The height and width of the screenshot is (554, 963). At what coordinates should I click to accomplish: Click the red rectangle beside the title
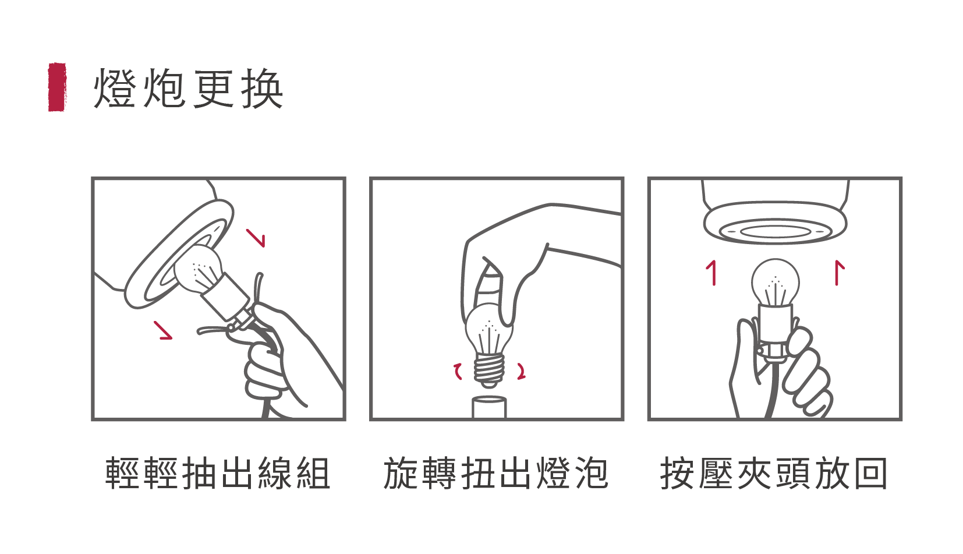pos(57,87)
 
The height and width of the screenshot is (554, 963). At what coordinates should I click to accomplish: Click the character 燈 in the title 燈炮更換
pos(115,88)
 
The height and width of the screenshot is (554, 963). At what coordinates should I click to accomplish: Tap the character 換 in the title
pos(262,88)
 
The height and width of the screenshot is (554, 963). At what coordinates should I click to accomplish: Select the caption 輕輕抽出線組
pos(218,473)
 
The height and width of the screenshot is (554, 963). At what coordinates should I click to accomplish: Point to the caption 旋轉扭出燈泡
pos(495,473)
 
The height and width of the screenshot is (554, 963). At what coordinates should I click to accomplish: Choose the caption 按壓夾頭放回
pos(774,473)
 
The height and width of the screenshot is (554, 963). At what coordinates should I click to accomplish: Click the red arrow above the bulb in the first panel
pos(256,238)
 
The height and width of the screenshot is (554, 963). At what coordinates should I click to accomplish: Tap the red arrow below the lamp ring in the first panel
pos(164,330)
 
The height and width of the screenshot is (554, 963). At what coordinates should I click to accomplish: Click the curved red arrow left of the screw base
pos(458,371)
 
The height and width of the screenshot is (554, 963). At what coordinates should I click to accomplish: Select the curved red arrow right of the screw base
pos(522,371)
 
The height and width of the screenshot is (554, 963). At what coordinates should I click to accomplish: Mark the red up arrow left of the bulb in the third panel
pos(713,273)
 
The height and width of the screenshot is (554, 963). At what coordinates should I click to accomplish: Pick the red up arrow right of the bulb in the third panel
pos(838,273)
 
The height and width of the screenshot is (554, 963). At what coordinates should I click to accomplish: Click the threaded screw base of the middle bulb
pos(489,369)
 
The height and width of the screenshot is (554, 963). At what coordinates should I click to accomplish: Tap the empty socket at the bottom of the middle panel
pos(489,407)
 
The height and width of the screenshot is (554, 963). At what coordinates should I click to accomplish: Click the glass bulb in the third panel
pos(775,283)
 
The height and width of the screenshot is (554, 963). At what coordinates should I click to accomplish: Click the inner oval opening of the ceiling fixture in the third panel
pos(775,231)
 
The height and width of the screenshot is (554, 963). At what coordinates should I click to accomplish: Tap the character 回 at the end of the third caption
pos(871,473)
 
